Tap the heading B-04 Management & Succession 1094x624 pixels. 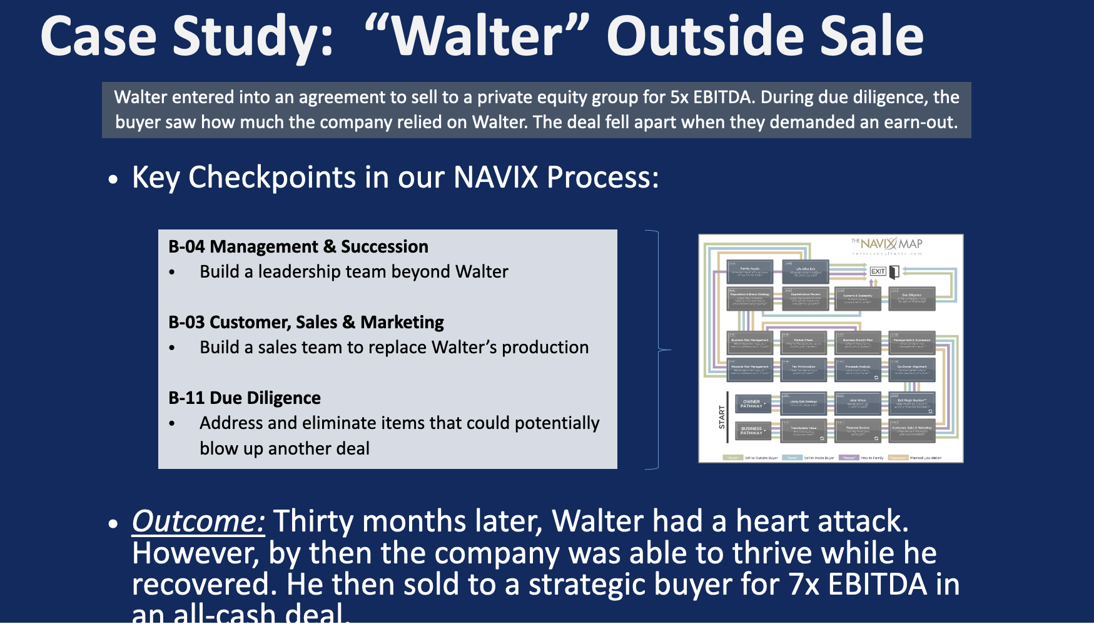[x=298, y=247]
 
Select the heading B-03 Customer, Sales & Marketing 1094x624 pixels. [x=306, y=323]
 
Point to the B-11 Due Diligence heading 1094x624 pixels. [x=245, y=398]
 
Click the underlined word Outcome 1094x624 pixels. [x=198, y=521]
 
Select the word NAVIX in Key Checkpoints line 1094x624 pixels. [x=495, y=178]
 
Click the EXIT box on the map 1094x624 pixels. [x=878, y=271]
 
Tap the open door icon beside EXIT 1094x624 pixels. [x=894, y=271]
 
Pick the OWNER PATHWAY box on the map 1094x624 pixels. [x=751, y=404]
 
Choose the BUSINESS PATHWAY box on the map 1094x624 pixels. [x=751, y=431]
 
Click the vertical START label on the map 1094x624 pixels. [x=721, y=417]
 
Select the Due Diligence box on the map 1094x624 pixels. [x=911, y=298]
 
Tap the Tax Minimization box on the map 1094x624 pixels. [x=803, y=370]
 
